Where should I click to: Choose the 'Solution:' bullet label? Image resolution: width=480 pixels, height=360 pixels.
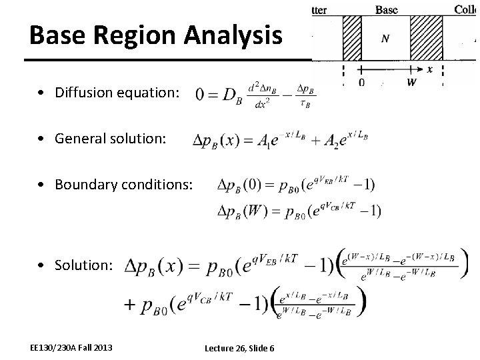pos(84,265)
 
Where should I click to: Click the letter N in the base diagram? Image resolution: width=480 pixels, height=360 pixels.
pos(385,39)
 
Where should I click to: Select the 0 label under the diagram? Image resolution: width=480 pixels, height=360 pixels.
pos(361,83)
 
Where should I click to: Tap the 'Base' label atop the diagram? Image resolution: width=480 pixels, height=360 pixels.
pos(387,9)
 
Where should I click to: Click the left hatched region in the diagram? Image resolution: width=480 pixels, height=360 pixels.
pos(351,38)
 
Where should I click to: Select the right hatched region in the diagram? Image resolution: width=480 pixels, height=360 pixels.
pos(425,38)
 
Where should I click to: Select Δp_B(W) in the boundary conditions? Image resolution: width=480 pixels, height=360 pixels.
pos(244,211)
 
